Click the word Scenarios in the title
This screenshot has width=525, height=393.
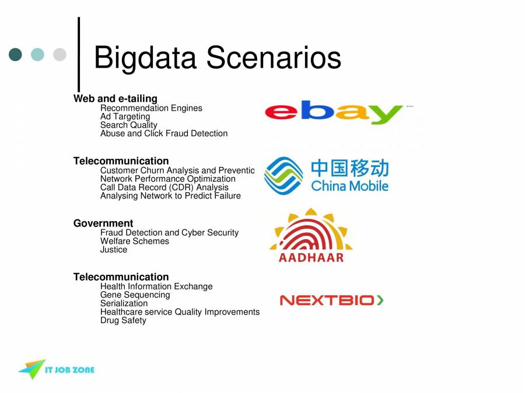pos(274,59)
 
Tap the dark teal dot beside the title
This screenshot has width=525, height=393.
pos(16,55)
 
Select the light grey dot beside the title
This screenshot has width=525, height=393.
pos(60,55)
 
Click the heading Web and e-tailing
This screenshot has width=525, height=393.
pos(115,98)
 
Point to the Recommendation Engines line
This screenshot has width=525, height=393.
pos(151,108)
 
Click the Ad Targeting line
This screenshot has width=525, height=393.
pos(125,116)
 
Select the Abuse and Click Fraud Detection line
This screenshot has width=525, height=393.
pos(164,133)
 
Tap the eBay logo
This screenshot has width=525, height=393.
pos(334,113)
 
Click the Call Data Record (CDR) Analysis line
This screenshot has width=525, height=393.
pos(164,187)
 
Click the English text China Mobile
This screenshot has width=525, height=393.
pos(349,186)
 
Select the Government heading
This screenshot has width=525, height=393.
pos(103,223)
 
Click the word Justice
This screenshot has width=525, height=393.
pos(114,250)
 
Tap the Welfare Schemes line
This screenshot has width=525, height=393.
pos(135,241)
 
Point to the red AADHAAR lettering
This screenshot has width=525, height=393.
pos(311,257)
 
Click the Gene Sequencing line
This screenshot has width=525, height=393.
pos(135,295)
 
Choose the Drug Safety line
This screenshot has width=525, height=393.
pos(123,320)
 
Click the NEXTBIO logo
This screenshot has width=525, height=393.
pos(331,300)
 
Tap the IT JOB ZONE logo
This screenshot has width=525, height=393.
pos(56,369)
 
